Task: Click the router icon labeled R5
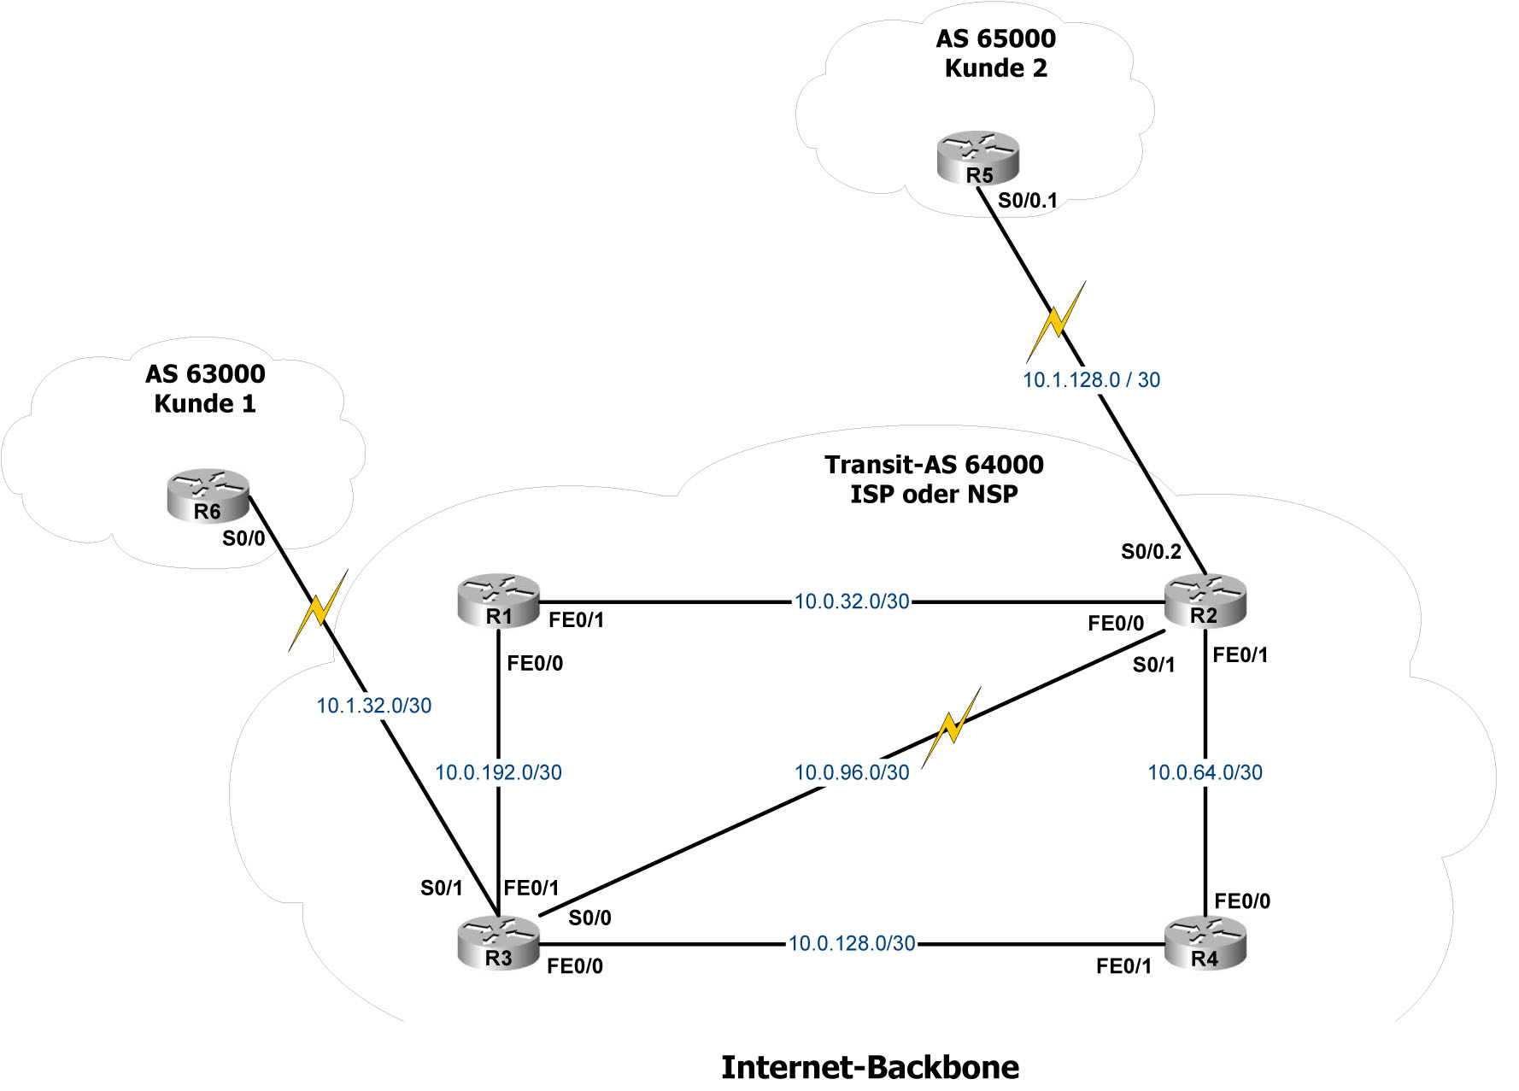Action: (x=977, y=158)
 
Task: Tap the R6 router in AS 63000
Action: (x=208, y=495)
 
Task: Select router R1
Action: (x=499, y=601)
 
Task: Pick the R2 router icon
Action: (x=1205, y=601)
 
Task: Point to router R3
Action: (x=499, y=943)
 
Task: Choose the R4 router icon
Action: (x=1205, y=943)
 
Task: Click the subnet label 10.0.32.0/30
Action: (x=852, y=601)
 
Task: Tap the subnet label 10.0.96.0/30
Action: (x=852, y=772)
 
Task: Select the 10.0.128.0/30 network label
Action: (x=852, y=943)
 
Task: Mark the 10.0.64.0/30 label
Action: (x=1205, y=772)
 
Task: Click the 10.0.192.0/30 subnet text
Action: (x=498, y=772)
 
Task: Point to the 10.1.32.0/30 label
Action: (x=374, y=706)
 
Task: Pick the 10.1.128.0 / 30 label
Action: (x=1091, y=380)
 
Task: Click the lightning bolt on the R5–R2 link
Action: (x=1057, y=321)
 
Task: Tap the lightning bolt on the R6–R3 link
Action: (x=319, y=610)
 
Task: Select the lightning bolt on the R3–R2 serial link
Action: (x=951, y=727)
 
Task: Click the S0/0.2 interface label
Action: (x=1151, y=552)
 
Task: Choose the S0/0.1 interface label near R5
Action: (x=1028, y=201)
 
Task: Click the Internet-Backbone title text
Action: (x=870, y=1067)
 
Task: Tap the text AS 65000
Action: (x=995, y=38)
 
